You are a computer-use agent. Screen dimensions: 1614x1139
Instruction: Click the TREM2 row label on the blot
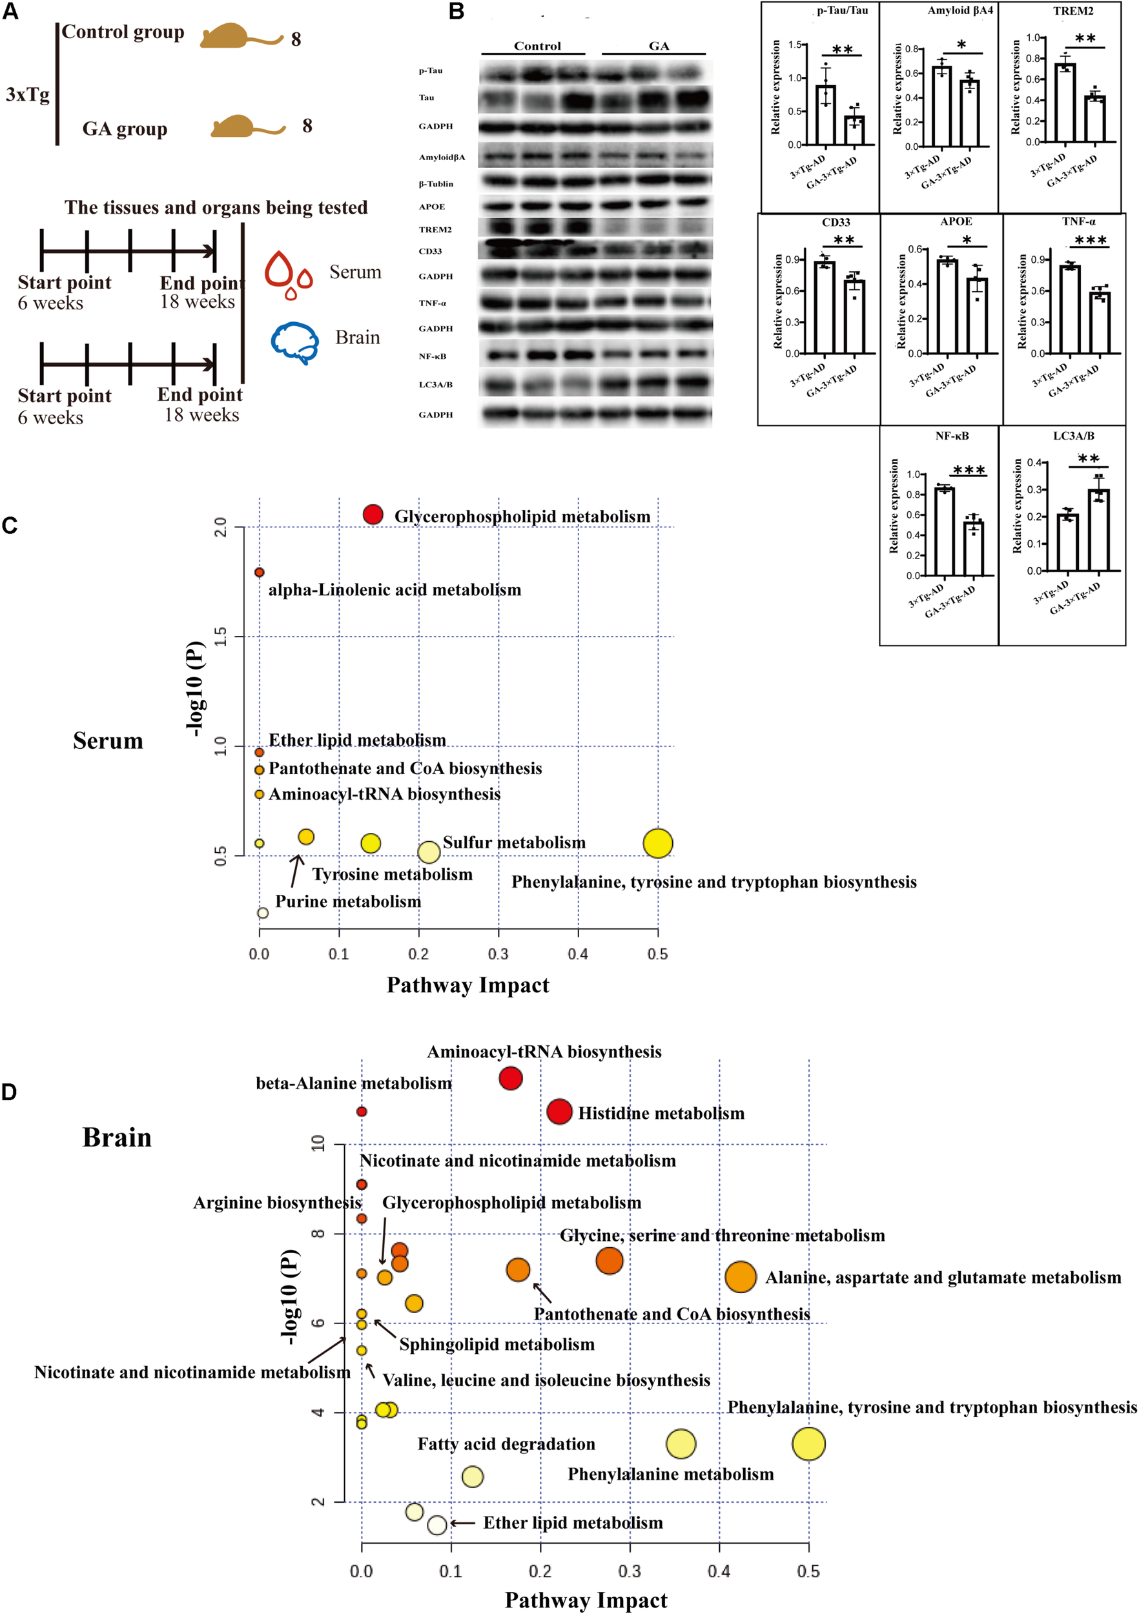(435, 230)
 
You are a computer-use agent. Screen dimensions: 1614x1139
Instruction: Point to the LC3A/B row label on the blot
(435, 385)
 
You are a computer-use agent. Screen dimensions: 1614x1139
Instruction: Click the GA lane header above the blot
(658, 46)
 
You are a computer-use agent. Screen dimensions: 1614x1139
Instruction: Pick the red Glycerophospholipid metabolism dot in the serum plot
(373, 515)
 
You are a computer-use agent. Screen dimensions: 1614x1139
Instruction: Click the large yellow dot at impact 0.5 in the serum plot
(657, 843)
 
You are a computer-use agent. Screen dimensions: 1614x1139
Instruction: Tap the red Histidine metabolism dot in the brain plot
(559, 1112)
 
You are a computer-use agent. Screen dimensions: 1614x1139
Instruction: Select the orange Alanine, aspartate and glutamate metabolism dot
(741, 1276)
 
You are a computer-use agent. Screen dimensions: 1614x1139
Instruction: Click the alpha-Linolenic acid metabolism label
(395, 590)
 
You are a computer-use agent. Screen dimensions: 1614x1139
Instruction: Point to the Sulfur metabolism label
(514, 842)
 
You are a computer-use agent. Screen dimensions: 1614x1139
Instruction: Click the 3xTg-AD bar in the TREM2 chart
(1065, 103)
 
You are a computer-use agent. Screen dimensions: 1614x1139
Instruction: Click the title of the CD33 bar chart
(836, 222)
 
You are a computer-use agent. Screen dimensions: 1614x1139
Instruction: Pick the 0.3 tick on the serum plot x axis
(498, 954)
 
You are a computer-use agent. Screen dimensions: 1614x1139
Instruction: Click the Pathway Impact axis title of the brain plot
(586, 1600)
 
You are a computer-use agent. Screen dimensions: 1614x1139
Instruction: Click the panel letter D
(9, 1092)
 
